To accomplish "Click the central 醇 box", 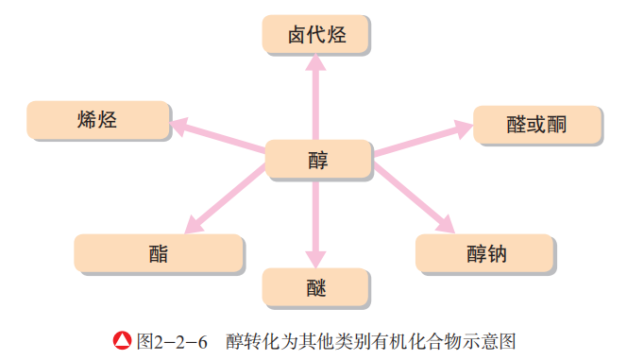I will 318,159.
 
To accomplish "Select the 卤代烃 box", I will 315,36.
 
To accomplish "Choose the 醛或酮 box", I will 536,125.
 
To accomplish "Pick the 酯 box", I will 159,253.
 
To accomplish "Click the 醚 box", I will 316,286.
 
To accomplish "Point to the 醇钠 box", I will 482,254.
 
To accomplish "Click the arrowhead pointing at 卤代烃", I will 316,64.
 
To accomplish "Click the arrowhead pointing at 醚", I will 316,258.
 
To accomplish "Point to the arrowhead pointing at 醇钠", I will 443,224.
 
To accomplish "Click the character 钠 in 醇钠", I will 495,254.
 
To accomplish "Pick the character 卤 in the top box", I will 296,36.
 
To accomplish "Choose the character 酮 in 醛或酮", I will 556,125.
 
